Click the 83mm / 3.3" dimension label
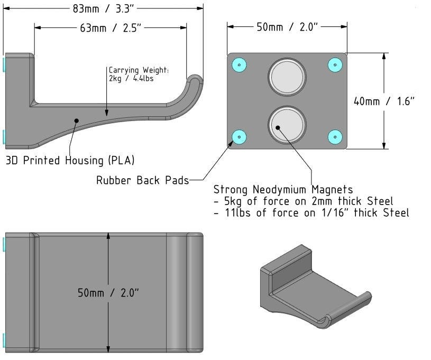tap(104, 8)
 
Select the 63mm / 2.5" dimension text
tap(111, 28)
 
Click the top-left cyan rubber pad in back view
tap(240, 64)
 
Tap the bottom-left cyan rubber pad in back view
tap(239, 137)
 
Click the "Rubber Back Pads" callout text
tap(142, 181)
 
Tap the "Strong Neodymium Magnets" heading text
tap(283, 189)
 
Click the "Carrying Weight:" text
tap(139, 70)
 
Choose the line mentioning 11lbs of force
tap(312, 213)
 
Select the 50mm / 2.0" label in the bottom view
tap(109, 292)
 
